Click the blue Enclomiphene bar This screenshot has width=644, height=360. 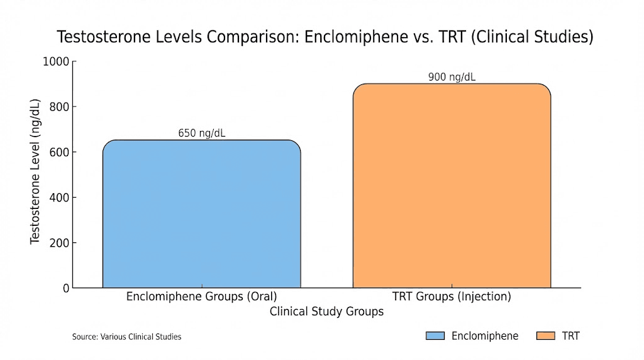pyautogui.click(x=201, y=214)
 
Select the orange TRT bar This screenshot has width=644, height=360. pyautogui.click(x=452, y=186)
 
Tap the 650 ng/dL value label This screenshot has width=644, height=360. pyautogui.click(x=201, y=133)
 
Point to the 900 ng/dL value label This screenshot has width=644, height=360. pyautogui.click(x=452, y=77)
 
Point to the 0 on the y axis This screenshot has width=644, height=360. pyautogui.click(x=65, y=288)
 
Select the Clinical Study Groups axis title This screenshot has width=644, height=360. pyautogui.click(x=326, y=312)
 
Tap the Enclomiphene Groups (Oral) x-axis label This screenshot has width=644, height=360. pyautogui.click(x=201, y=296)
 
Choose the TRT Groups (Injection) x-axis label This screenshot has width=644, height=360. pyautogui.click(x=452, y=296)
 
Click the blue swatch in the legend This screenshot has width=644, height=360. pyautogui.click(x=435, y=336)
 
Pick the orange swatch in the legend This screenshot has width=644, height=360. pyautogui.click(x=546, y=336)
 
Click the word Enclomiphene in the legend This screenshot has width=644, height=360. pyautogui.click(x=485, y=336)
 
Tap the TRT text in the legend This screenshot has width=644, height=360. pyautogui.click(x=571, y=336)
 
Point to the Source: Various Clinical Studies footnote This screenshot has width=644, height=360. pyautogui.click(x=126, y=337)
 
